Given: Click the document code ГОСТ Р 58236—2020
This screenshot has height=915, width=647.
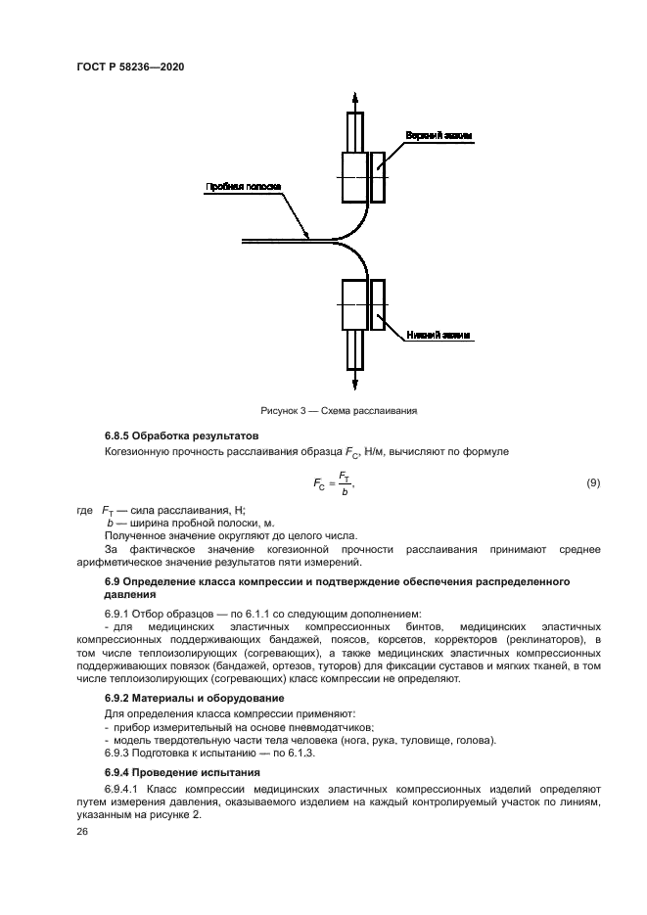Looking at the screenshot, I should pyautogui.click(x=131, y=67).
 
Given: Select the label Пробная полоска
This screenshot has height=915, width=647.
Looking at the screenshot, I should pyautogui.click(x=243, y=186).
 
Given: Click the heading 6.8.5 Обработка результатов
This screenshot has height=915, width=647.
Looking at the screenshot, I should pyautogui.click(x=180, y=435).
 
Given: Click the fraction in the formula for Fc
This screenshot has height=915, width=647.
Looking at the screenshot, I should pyautogui.click(x=343, y=483).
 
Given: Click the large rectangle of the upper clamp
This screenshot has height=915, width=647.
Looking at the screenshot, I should pyautogui.click(x=353, y=176).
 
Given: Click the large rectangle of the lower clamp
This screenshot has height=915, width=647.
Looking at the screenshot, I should pyautogui.click(x=353, y=303).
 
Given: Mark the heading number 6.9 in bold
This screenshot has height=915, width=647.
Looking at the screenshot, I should pyautogui.click(x=113, y=582).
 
